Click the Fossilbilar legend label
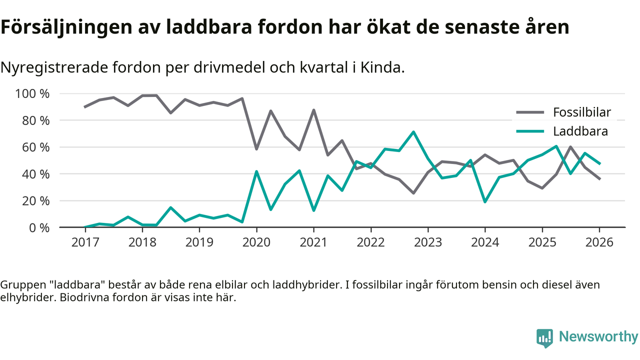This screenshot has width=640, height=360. point(582,112)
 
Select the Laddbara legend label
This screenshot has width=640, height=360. point(580,131)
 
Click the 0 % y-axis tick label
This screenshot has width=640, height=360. point(39,227)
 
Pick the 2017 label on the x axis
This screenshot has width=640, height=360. point(85,242)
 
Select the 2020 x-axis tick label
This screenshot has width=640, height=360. point(256,242)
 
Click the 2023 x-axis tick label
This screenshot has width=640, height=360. point(427,242)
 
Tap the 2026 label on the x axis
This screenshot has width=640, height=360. point(599,242)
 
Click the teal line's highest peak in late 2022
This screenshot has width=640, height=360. point(413,132)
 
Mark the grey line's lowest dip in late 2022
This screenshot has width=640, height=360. point(413,193)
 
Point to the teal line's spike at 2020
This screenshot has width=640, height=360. point(256,171)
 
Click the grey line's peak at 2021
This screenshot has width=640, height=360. point(313,110)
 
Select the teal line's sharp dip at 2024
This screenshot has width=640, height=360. point(485,201)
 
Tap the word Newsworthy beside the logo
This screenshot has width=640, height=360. point(598,336)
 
